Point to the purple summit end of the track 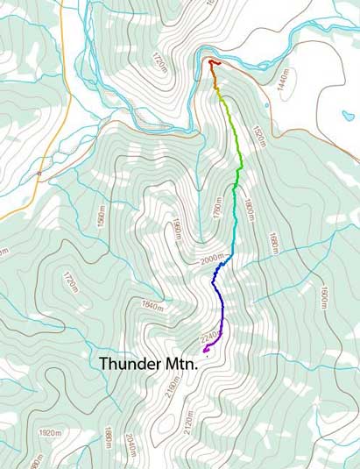click(205, 350)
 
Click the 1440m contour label click(283, 76)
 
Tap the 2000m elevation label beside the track click(208, 260)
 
